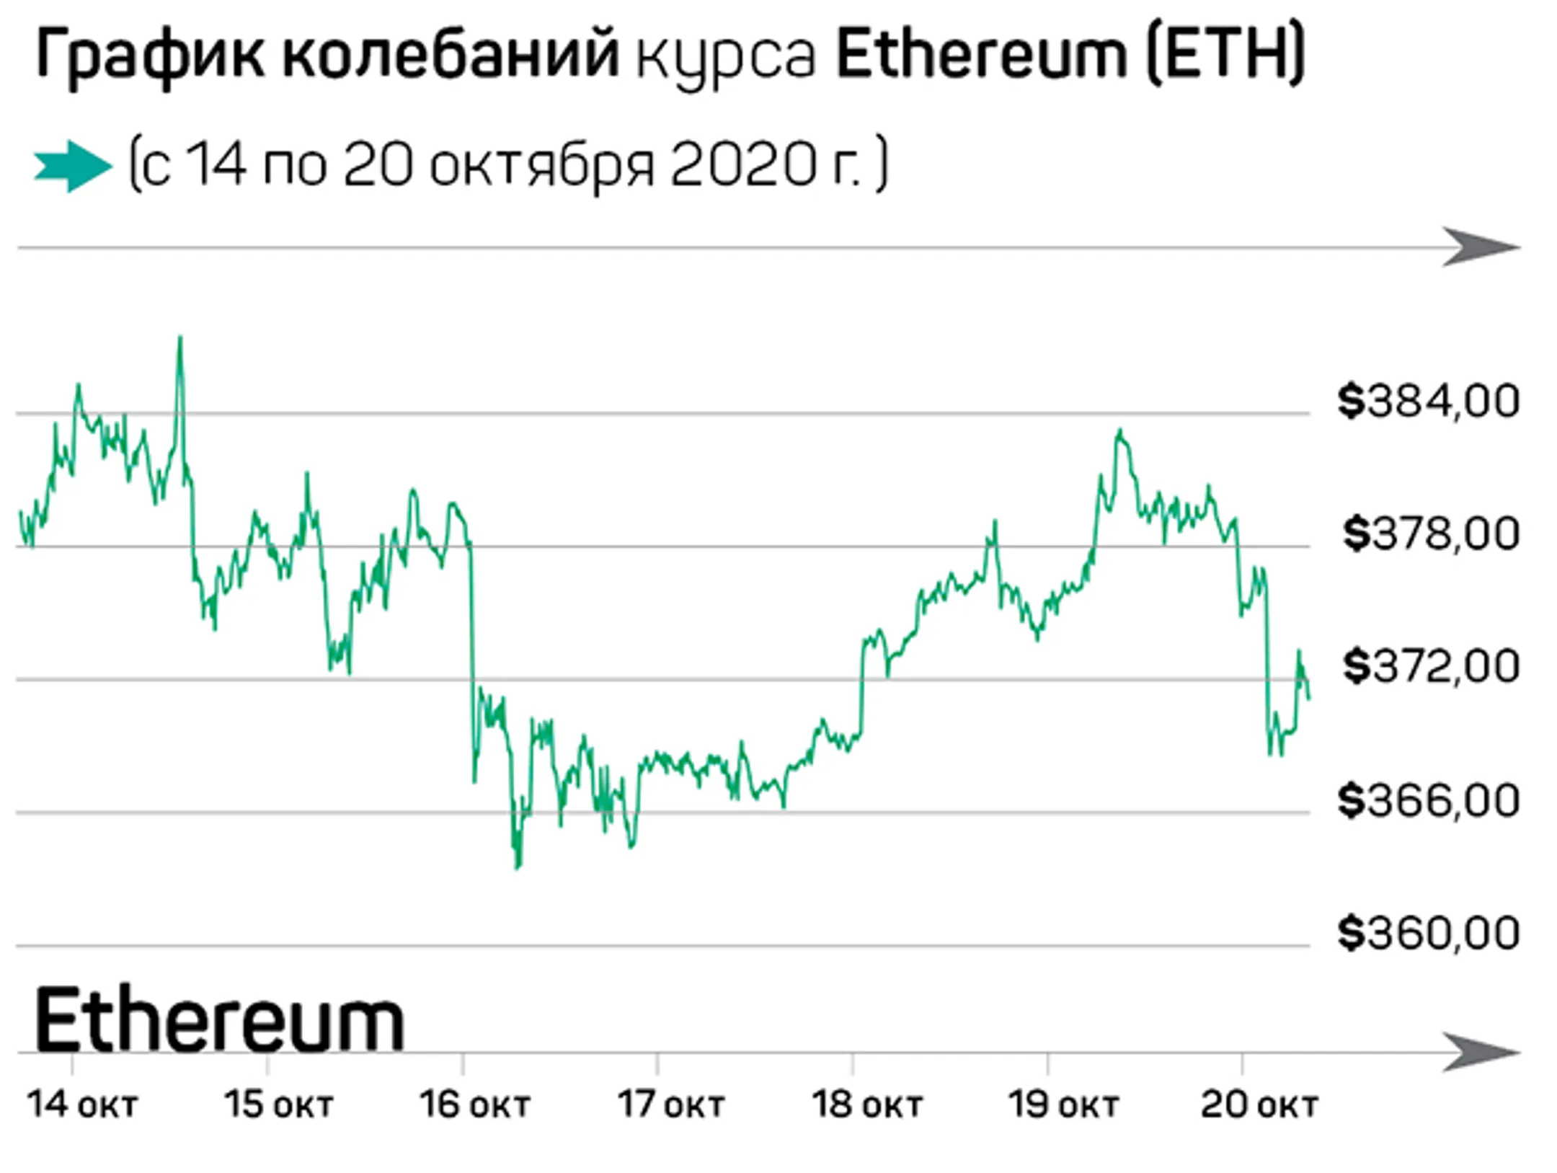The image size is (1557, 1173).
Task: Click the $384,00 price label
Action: [x=1428, y=402]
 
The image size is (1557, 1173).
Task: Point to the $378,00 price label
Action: [x=1430, y=534]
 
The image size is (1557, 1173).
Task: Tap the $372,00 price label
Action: [x=1430, y=667]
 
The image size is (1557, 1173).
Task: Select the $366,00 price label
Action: [x=1428, y=801]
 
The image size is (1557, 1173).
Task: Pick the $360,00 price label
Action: [x=1428, y=934]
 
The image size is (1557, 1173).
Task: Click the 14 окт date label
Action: [x=82, y=1105]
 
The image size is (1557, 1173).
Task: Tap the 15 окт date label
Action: [x=279, y=1105]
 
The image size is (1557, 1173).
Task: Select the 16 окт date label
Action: [x=475, y=1105]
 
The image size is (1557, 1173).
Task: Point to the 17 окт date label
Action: [x=671, y=1105]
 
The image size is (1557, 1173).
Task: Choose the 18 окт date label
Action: [x=867, y=1105]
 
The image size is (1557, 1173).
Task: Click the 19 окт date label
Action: [x=1063, y=1105]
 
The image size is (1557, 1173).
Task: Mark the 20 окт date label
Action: [x=1259, y=1105]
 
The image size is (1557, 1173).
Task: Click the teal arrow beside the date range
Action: [x=73, y=167]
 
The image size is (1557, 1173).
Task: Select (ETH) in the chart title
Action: [x=1225, y=55]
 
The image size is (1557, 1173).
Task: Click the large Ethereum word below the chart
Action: [x=219, y=1021]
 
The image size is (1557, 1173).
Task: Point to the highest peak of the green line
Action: [x=180, y=337]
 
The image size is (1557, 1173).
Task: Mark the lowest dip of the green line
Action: [x=517, y=867]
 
